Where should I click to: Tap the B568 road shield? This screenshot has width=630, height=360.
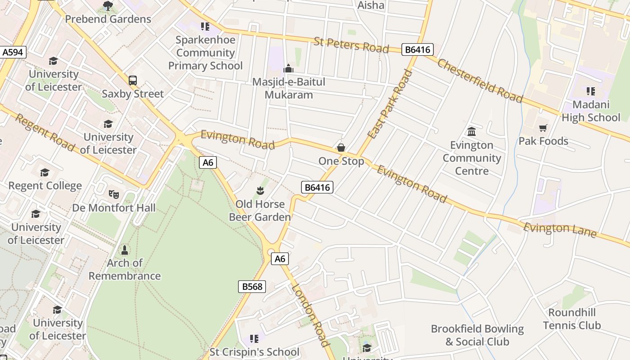(252, 287)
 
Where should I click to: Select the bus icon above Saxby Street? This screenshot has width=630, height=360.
(133, 81)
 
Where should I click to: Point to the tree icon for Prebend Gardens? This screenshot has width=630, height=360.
(108, 6)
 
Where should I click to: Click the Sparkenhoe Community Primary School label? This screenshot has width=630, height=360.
(205, 53)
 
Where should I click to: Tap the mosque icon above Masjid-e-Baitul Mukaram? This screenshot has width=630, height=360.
(288, 69)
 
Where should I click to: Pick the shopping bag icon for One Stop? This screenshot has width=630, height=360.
(341, 148)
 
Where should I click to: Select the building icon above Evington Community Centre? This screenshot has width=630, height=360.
(472, 131)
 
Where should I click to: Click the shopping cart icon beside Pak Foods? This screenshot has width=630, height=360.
(543, 128)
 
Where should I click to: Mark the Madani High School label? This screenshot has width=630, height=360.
(590, 111)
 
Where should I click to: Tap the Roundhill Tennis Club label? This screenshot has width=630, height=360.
(571, 319)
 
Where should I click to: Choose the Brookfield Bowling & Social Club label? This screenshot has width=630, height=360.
(477, 335)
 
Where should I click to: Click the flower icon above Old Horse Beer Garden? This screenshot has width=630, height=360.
(260, 191)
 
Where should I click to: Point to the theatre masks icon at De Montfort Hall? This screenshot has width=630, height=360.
(113, 194)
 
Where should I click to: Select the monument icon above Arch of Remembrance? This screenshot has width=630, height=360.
(125, 249)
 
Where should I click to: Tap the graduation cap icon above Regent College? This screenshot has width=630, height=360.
(45, 172)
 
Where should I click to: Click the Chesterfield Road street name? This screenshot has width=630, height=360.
(480, 81)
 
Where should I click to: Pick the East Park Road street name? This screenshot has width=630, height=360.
(390, 104)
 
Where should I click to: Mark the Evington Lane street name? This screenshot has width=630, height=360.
(560, 229)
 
